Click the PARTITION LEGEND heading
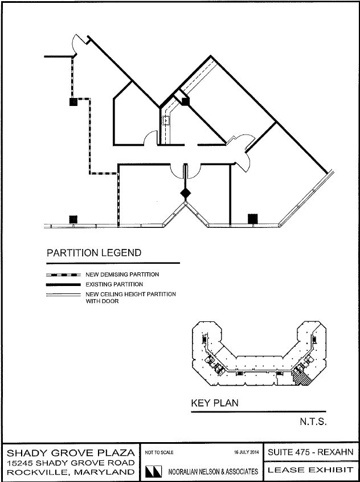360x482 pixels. pyautogui.click(x=94, y=253)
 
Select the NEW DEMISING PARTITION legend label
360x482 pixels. pyautogui.click(x=122, y=275)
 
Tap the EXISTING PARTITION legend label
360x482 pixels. pyautogui.click(x=114, y=284)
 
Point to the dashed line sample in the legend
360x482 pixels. pyautogui.click(x=63, y=275)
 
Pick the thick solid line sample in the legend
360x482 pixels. pyautogui.click(x=63, y=285)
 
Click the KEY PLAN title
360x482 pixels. pyautogui.click(x=215, y=403)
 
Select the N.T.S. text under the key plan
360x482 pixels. pyautogui.click(x=313, y=422)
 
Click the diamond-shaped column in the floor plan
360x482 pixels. pyautogui.click(x=185, y=193)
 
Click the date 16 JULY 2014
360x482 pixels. pyautogui.click(x=246, y=452)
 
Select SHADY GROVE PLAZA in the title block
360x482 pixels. pyautogui.click(x=71, y=453)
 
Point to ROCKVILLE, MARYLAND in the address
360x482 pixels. pyautogui.click(x=71, y=472)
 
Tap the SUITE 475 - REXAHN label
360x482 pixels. pyautogui.click(x=311, y=452)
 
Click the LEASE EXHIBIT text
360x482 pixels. pyautogui.click(x=311, y=469)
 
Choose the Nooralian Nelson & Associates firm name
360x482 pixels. pyautogui.click(x=214, y=471)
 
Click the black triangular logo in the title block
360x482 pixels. pyautogui.click(x=153, y=471)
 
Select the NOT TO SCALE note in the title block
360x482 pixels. pyautogui.click(x=159, y=452)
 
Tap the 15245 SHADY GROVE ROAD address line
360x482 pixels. pyautogui.click(x=71, y=463)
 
